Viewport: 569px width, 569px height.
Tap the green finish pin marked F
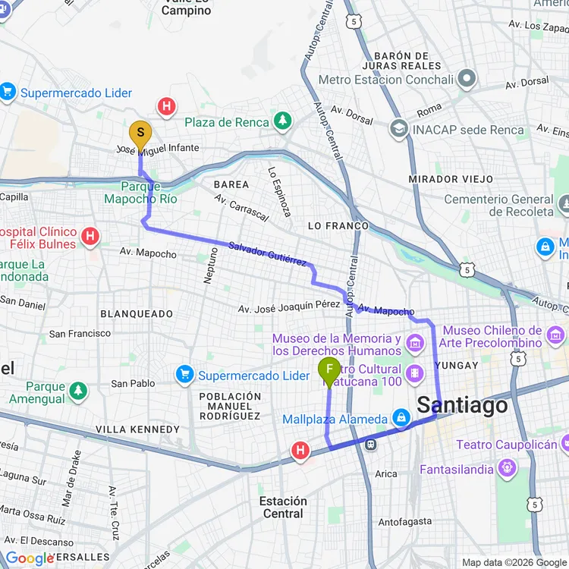click(x=329, y=371)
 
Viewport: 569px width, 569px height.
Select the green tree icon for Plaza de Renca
click(x=282, y=121)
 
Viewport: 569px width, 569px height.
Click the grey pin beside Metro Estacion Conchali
click(x=466, y=79)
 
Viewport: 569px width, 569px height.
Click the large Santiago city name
click(x=462, y=405)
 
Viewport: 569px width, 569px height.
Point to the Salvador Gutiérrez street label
click(x=268, y=253)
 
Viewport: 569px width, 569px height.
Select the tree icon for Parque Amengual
click(x=77, y=391)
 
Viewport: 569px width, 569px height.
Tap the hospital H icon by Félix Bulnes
click(x=90, y=237)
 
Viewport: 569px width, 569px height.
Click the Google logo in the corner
click(x=29, y=558)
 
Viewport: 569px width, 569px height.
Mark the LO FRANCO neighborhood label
click(x=338, y=226)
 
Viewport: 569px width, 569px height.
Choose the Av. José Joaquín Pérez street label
click(x=288, y=307)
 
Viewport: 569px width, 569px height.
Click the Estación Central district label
click(x=283, y=508)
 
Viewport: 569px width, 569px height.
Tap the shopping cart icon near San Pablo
click(x=184, y=374)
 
